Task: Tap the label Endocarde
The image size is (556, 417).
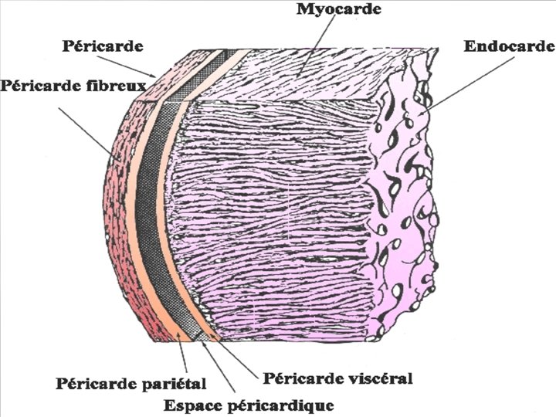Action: pyautogui.click(x=509, y=46)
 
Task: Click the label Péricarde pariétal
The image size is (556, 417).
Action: pyautogui.click(x=131, y=382)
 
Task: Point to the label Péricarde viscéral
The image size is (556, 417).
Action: pyautogui.click(x=338, y=378)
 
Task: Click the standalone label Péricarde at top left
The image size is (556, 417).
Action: pyautogui.click(x=102, y=46)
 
